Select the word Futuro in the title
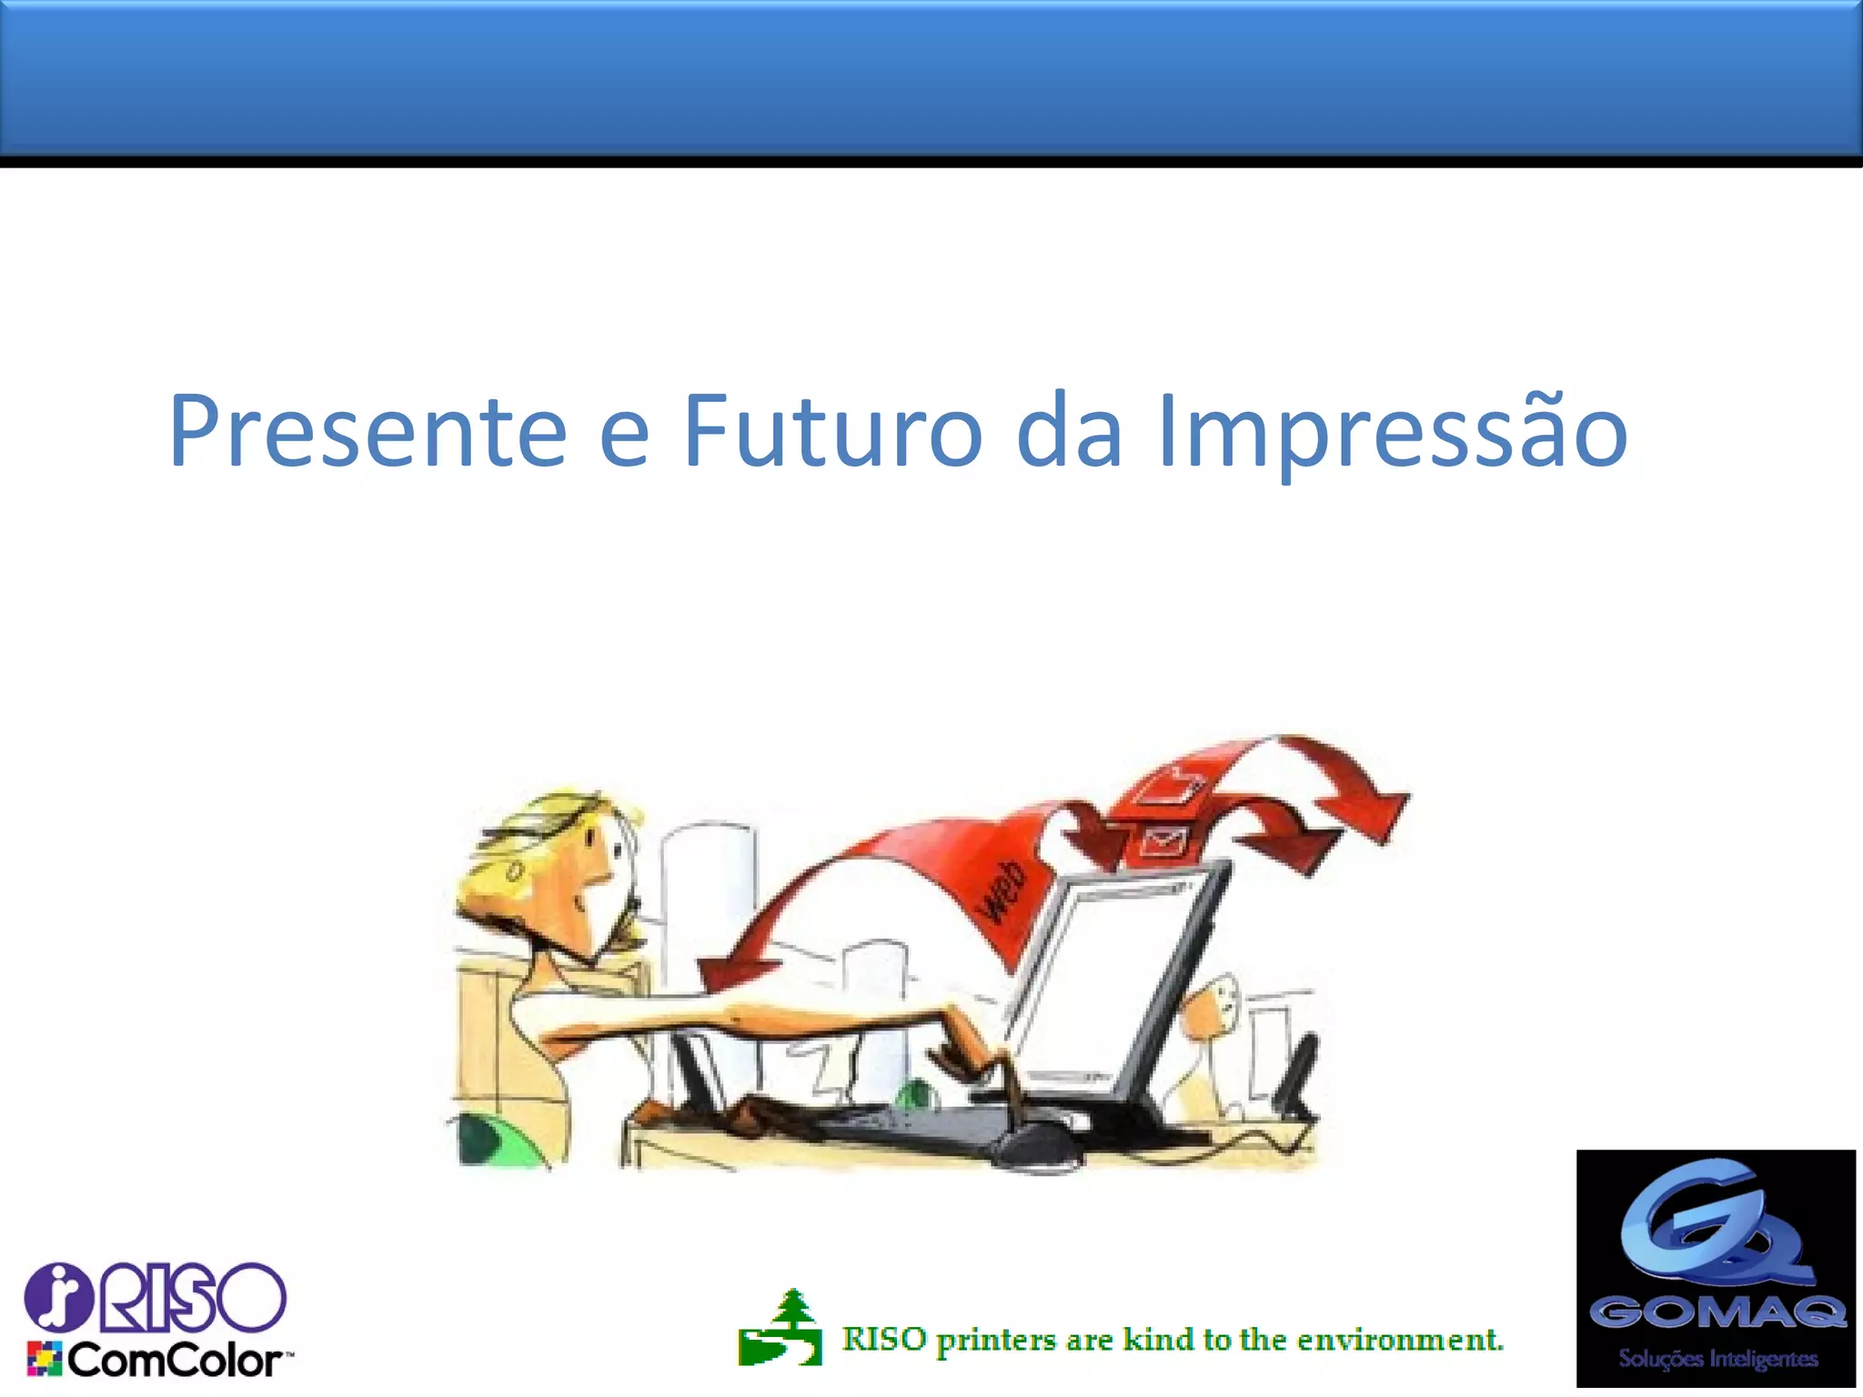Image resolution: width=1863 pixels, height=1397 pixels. click(831, 432)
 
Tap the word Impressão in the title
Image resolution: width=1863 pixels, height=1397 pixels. click(1392, 432)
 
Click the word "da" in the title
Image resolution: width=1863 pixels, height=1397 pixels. click(1068, 432)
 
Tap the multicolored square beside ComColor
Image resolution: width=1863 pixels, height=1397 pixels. click(44, 1359)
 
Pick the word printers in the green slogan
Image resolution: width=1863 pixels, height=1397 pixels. click(996, 1341)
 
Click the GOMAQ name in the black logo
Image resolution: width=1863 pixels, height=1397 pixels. click(1717, 1312)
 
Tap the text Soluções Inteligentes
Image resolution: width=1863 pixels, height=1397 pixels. click(1717, 1359)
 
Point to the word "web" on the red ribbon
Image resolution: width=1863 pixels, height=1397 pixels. click(1002, 891)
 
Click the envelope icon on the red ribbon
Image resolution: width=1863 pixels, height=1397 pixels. click(1163, 841)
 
